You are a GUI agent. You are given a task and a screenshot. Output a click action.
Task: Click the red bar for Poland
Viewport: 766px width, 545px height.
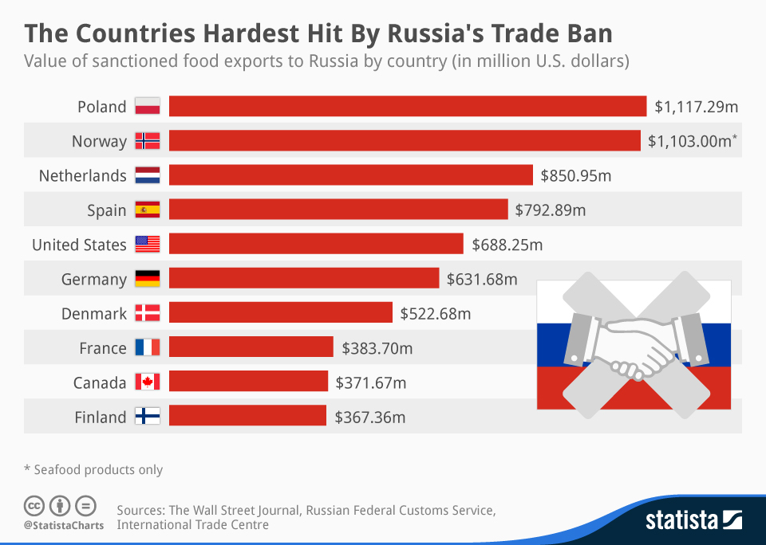pyautogui.click(x=407, y=106)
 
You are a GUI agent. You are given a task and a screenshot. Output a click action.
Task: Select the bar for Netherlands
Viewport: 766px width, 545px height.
pyautogui.click(x=350, y=175)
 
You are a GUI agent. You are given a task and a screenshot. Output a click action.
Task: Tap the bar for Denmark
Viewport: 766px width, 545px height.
pyautogui.click(x=280, y=313)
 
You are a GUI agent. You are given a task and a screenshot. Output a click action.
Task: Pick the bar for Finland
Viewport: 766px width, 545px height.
pyautogui.click(x=247, y=417)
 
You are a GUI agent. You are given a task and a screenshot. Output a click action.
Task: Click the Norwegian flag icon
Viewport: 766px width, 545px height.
pyautogui.click(x=148, y=141)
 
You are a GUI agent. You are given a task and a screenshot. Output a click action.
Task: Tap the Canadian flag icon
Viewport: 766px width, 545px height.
pyautogui.click(x=148, y=382)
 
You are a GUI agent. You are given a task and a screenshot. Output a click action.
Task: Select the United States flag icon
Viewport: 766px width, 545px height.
pyautogui.click(x=148, y=245)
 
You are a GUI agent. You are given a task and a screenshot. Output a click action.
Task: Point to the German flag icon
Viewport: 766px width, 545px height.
pyautogui.click(x=148, y=279)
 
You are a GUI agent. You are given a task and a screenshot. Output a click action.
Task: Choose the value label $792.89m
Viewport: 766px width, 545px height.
pyautogui.click(x=551, y=210)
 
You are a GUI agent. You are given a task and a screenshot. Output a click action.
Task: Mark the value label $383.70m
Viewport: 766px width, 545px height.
pyautogui.click(x=377, y=348)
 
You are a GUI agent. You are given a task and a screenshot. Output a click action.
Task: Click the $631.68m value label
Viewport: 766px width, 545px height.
pyautogui.click(x=482, y=279)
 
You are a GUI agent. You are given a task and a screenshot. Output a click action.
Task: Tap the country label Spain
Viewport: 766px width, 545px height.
pyautogui.click(x=107, y=210)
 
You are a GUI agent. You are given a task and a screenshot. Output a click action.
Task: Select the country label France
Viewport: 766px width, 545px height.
pyautogui.click(x=103, y=348)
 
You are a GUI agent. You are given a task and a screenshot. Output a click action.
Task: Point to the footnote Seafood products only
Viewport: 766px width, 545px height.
pyautogui.click(x=98, y=469)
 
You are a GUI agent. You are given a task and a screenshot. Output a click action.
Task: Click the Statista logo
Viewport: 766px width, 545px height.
pyautogui.click(x=693, y=520)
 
